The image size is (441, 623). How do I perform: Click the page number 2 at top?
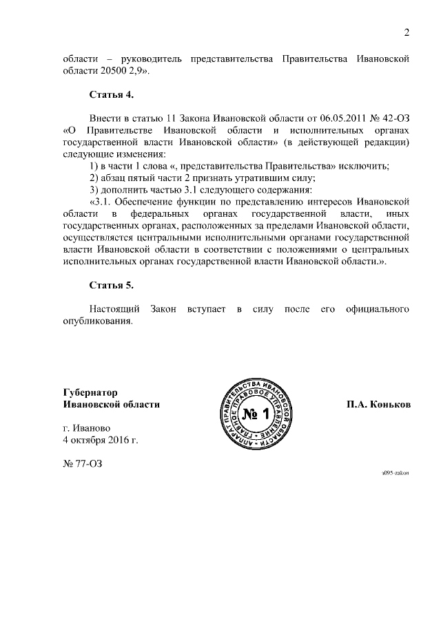pyautogui.click(x=407, y=33)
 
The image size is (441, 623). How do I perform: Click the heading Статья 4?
pyautogui.click(x=111, y=94)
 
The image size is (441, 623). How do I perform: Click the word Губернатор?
pyautogui.click(x=90, y=392)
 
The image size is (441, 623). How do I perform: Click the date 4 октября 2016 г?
pyautogui.click(x=101, y=439)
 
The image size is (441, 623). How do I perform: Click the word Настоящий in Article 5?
pyautogui.click(x=114, y=308)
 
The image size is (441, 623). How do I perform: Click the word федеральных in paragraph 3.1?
pyautogui.click(x=154, y=213)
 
